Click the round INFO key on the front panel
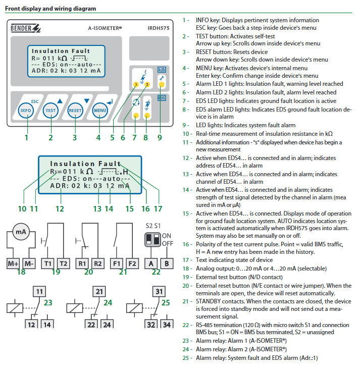click(x=26, y=111)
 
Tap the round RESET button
click(x=75, y=111)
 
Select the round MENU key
click(x=100, y=111)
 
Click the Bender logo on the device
click(x=25, y=28)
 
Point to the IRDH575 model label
click(x=159, y=28)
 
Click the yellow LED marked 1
click(x=136, y=84)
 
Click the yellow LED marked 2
click(x=147, y=84)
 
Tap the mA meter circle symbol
click(x=21, y=232)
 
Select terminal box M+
click(x=13, y=263)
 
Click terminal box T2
click(x=63, y=263)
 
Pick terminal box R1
click(x=82, y=263)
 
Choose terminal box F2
click(x=132, y=263)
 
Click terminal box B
click(x=167, y=263)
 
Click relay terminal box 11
click(x=39, y=292)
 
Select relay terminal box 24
click(x=107, y=324)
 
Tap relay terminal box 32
click(x=151, y=324)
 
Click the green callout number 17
click(x=158, y=209)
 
